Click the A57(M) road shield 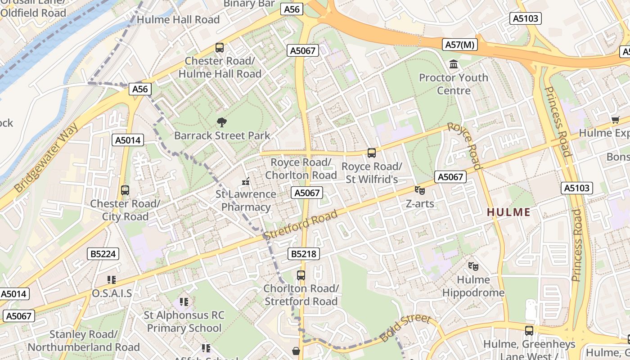tap(459, 45)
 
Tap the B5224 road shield tap(103, 254)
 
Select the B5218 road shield tap(303, 254)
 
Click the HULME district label tap(509, 212)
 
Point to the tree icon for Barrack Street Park tap(221, 122)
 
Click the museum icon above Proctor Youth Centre tap(454, 64)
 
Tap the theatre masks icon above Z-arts tap(420, 190)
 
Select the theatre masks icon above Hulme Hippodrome tap(473, 266)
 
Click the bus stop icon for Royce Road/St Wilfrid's tap(372, 153)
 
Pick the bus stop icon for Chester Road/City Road tap(125, 190)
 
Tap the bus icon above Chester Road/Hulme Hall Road tap(220, 47)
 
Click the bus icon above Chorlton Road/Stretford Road tap(301, 275)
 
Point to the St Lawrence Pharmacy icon tap(246, 181)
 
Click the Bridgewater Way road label tap(47, 157)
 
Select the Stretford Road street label tap(301, 225)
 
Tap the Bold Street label tap(405, 328)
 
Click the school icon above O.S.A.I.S tap(112, 280)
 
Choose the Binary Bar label tap(249, 4)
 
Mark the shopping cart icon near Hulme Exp tap(615, 120)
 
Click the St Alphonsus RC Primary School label tap(184, 321)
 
